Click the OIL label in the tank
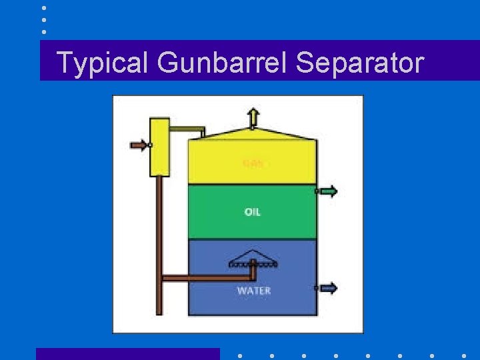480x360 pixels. pos(253,212)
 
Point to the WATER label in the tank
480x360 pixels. pos(253,291)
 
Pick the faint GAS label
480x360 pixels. pos(253,163)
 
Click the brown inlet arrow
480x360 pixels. pos(140,145)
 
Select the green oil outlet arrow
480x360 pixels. pos(327,191)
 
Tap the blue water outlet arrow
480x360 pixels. pos(327,288)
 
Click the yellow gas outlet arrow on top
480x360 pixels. pos(253,117)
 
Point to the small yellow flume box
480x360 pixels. pos(160,147)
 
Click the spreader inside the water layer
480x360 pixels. pos(253,261)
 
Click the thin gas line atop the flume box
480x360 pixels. pos(187,129)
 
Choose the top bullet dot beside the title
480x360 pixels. pos(44,8)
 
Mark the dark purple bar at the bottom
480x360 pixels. pos(127,354)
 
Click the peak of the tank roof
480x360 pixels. pos(253,129)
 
